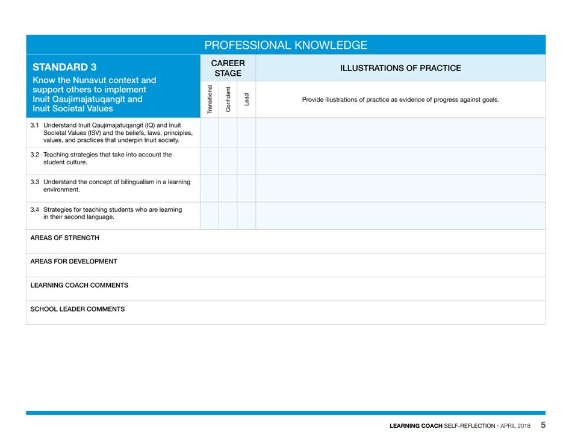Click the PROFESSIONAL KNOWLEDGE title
click(285, 45)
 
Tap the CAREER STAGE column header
click(228, 68)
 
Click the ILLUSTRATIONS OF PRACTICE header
click(400, 68)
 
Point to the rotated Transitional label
click(210, 99)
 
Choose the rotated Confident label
click(228, 99)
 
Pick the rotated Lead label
click(247, 99)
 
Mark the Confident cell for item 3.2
click(228, 161)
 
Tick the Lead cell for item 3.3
click(247, 188)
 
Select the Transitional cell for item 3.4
click(210, 216)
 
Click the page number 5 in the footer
click(542, 425)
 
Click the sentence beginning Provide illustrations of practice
click(400, 99)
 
